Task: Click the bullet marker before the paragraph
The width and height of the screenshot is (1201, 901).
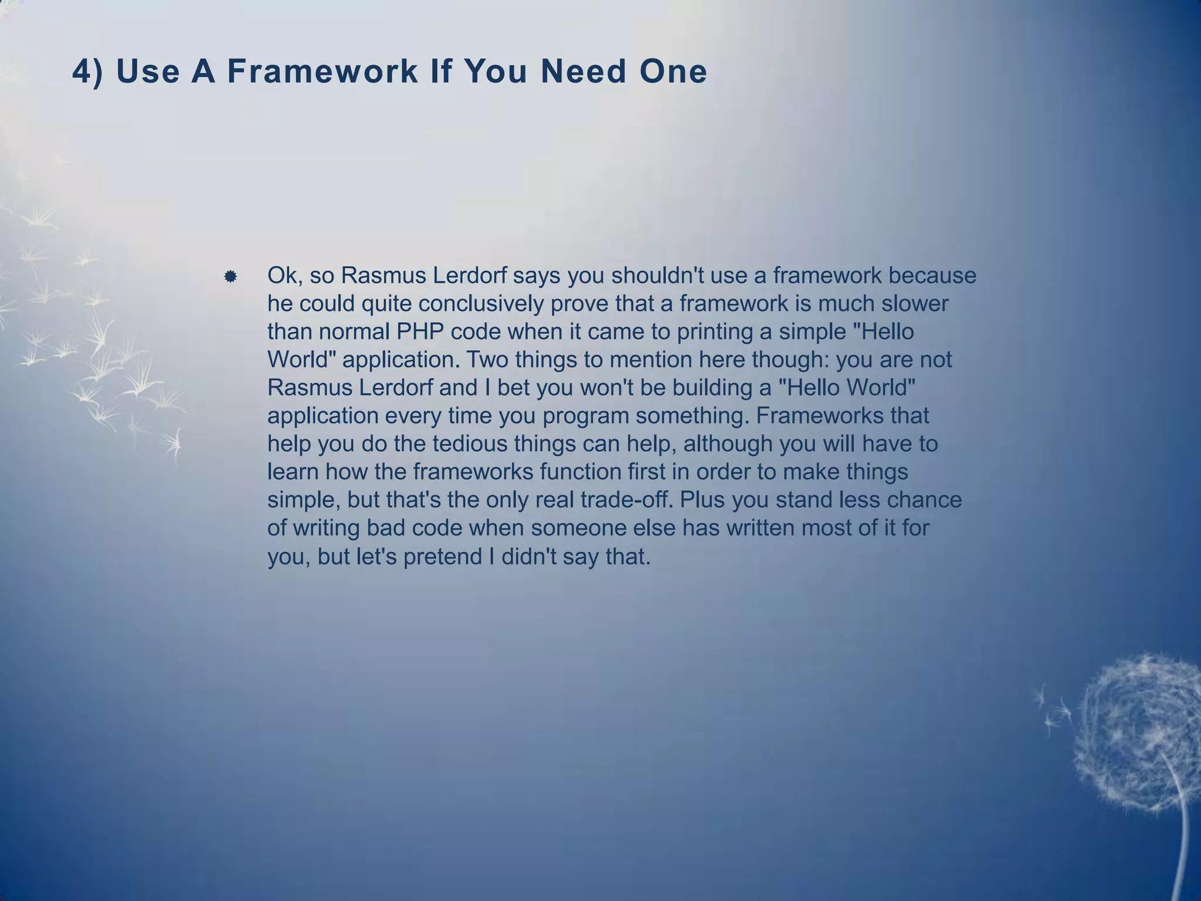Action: [x=230, y=276]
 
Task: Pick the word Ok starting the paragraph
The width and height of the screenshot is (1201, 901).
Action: [x=284, y=276]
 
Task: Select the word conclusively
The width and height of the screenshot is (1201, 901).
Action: [x=480, y=304]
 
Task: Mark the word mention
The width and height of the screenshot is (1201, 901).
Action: [x=651, y=360]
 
